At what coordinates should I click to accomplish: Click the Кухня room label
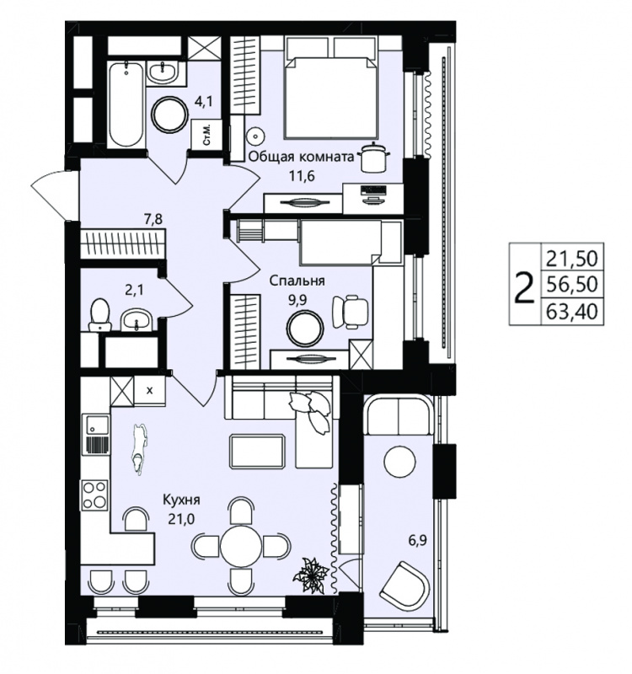click(x=181, y=500)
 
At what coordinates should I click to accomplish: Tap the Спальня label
click(x=297, y=281)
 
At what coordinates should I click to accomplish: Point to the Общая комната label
click(x=302, y=157)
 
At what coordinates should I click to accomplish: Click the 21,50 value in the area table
click(x=572, y=259)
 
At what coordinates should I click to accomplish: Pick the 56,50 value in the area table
click(x=572, y=284)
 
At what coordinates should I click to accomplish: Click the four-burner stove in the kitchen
click(x=95, y=495)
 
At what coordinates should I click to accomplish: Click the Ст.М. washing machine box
click(x=206, y=135)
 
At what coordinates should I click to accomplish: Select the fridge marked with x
click(x=150, y=391)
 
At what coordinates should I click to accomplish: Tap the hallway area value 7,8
click(x=154, y=221)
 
